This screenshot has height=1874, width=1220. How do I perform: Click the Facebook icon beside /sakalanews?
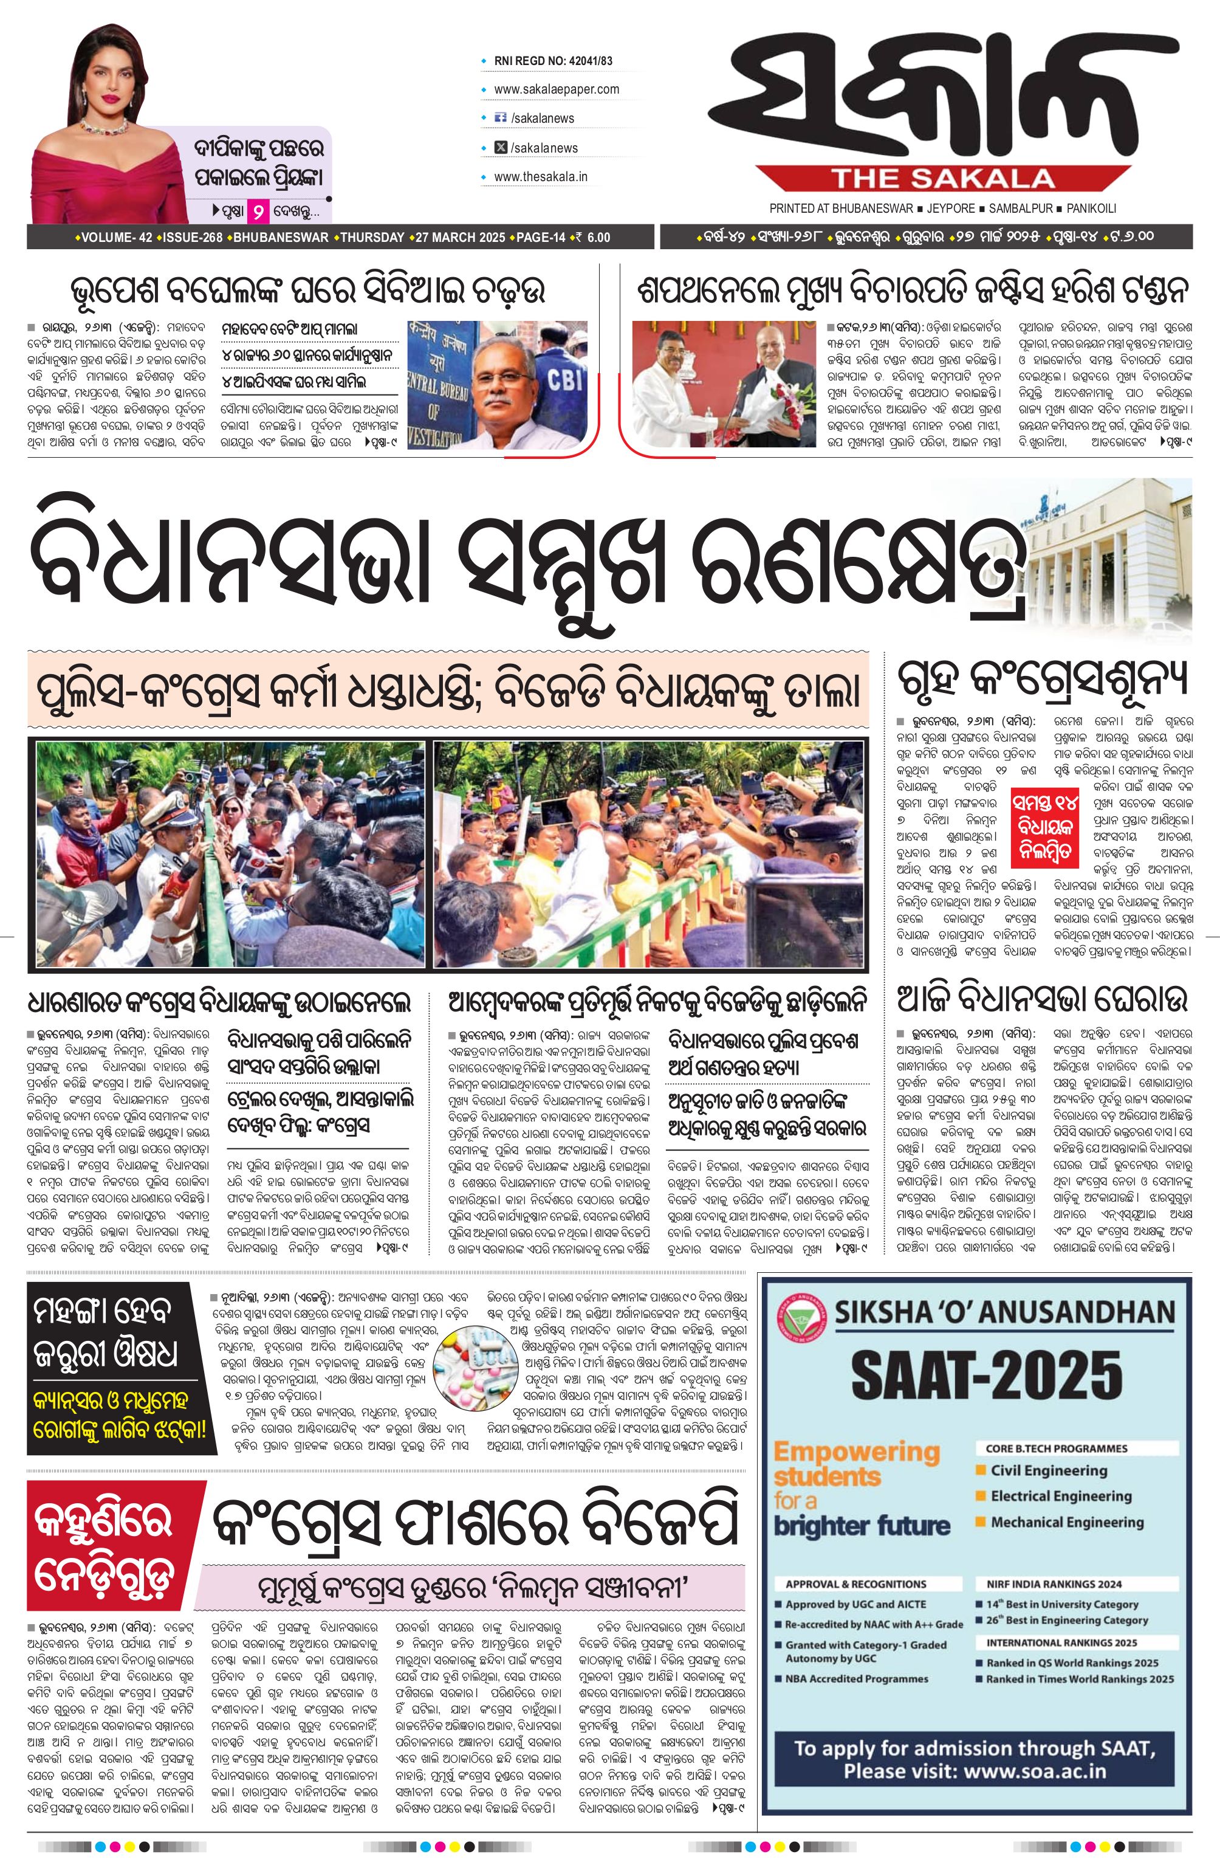click(499, 117)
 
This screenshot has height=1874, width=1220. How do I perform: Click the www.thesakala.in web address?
click(541, 176)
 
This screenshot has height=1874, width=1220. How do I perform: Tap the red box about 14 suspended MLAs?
click(1044, 826)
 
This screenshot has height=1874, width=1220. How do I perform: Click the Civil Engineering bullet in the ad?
click(1047, 1469)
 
